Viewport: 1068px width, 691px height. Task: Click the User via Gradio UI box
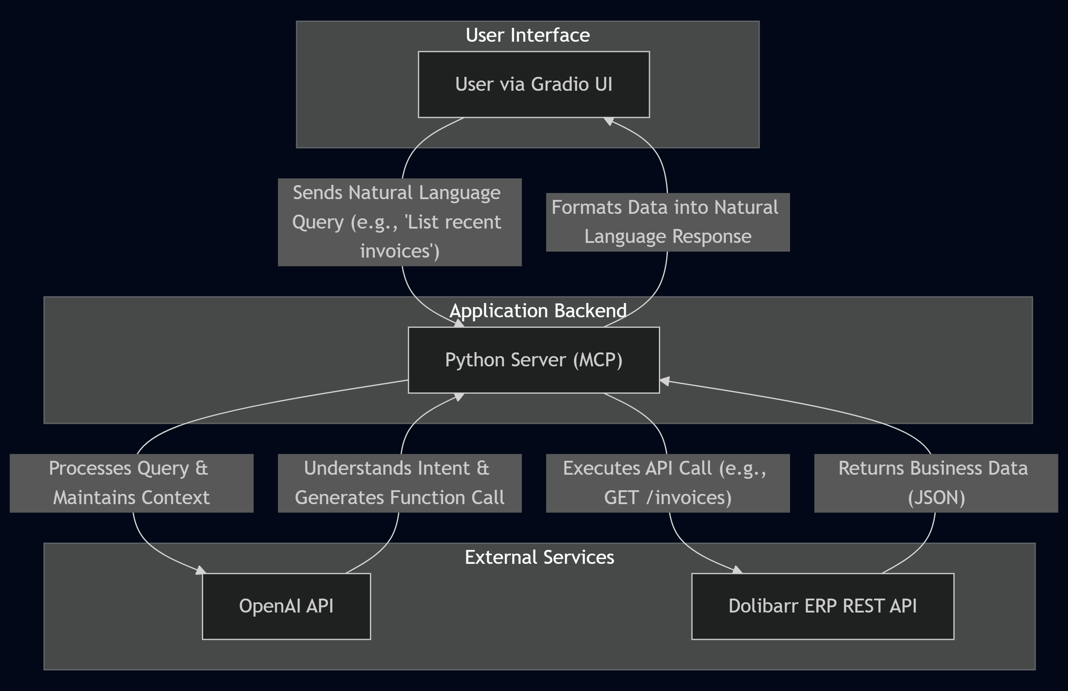pyautogui.click(x=533, y=84)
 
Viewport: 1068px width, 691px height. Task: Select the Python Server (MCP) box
pyautogui.click(x=533, y=360)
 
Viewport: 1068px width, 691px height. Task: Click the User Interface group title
pyautogui.click(x=528, y=35)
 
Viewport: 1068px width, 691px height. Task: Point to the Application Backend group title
pyautogui.click(x=537, y=310)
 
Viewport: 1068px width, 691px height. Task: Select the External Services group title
pyautogui.click(x=539, y=557)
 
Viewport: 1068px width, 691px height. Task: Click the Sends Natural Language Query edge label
pyautogui.click(x=399, y=222)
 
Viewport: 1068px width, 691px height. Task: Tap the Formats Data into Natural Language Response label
pyautogui.click(x=667, y=222)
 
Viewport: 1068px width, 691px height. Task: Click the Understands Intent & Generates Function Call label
pyautogui.click(x=399, y=483)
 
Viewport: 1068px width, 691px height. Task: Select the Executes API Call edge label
pyautogui.click(x=667, y=483)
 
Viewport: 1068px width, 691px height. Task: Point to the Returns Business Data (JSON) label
pyautogui.click(x=936, y=483)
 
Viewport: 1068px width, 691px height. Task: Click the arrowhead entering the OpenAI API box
pyautogui.click(x=201, y=570)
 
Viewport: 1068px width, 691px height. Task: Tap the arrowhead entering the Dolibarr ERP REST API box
pyautogui.click(x=737, y=570)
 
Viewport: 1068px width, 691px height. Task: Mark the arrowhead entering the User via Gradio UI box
pyautogui.click(x=609, y=121)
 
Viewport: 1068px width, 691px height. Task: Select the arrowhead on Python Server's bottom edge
pyautogui.click(x=459, y=396)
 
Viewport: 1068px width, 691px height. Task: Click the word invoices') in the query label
pyautogui.click(x=399, y=251)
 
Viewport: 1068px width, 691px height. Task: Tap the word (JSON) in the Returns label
pyautogui.click(x=936, y=498)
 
